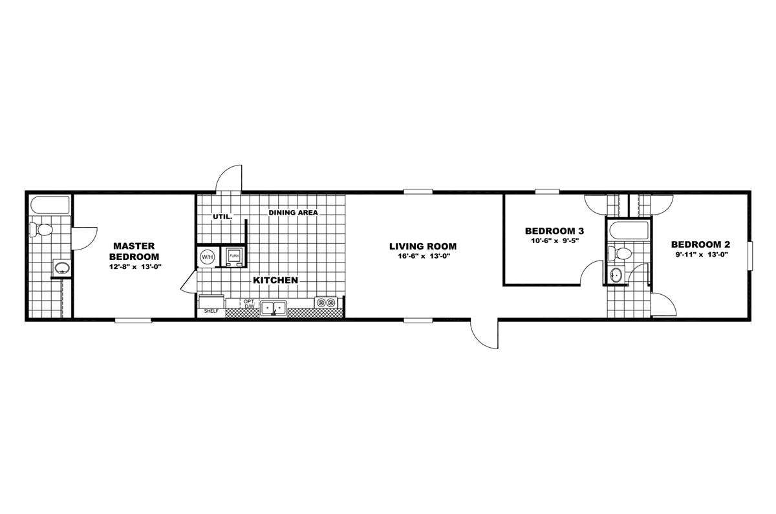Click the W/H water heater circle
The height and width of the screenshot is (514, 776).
coord(208,257)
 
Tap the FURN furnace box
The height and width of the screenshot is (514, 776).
coord(234,257)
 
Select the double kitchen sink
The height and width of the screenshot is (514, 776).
coord(274,308)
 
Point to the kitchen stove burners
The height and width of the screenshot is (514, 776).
coord(326,303)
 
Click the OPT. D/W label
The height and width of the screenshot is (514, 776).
coord(249,304)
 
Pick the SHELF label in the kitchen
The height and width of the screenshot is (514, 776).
coord(211,311)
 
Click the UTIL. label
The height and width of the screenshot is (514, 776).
coord(222,217)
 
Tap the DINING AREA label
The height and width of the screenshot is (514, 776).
coord(293,213)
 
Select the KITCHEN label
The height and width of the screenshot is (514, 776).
coord(275,280)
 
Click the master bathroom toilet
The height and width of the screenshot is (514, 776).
coord(41,230)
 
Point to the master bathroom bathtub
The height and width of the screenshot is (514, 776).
coord(50,205)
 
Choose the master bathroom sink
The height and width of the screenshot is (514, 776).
coord(62,268)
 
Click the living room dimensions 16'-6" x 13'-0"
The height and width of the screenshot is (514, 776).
coord(423,256)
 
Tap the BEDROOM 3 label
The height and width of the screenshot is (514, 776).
coord(554,231)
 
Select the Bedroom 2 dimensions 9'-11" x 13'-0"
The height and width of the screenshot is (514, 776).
coord(700,255)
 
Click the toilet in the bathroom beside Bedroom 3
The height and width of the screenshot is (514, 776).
coord(620,253)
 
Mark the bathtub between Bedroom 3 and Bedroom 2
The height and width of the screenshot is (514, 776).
coord(629,230)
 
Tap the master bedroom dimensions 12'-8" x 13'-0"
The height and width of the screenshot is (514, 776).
coord(135,266)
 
